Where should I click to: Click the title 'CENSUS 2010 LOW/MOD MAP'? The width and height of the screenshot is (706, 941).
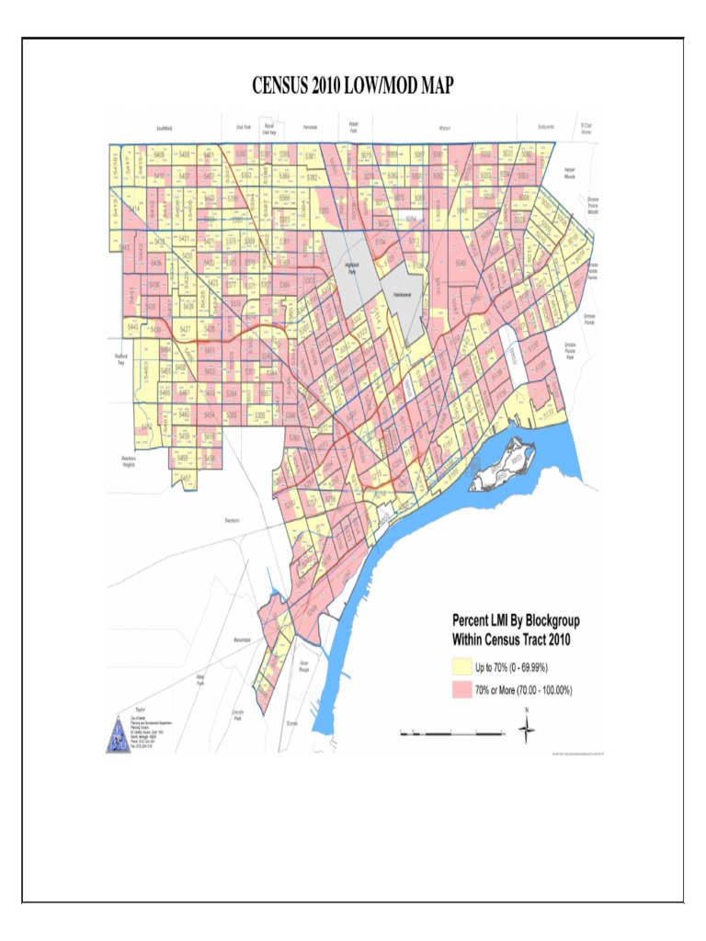[x=353, y=85]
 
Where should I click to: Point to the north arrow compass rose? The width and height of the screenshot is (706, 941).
[x=527, y=730]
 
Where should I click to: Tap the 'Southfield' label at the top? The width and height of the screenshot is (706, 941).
[x=165, y=129]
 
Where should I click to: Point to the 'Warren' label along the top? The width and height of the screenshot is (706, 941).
[x=444, y=129]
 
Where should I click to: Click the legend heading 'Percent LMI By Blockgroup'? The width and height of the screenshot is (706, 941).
[x=515, y=621]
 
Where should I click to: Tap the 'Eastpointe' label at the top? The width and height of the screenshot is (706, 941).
[x=541, y=128]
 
